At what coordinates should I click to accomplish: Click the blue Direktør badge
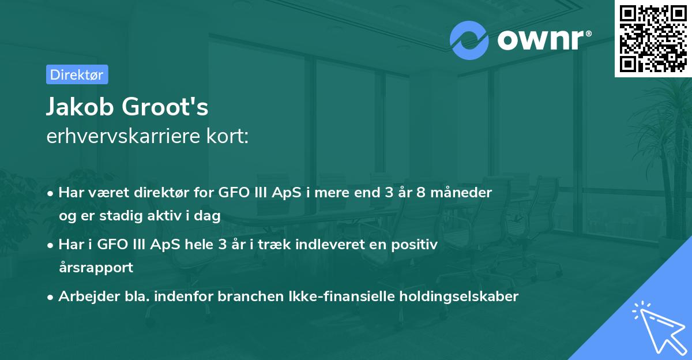click(77, 74)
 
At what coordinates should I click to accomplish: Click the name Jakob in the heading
click(76, 108)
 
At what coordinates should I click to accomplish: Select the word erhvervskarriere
click(112, 138)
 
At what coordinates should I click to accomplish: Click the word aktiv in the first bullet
click(172, 216)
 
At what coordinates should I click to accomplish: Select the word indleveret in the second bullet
click(330, 245)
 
